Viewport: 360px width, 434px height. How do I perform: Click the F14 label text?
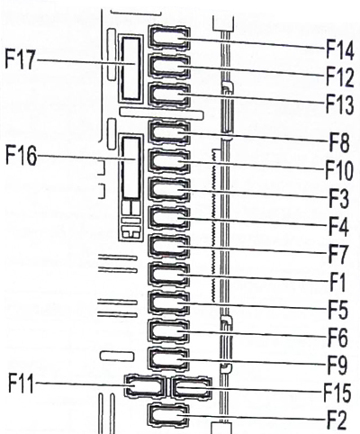click(340, 50)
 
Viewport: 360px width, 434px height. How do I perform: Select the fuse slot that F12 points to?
click(169, 67)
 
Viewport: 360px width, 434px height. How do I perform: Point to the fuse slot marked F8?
click(169, 132)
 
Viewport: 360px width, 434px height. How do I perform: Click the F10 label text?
click(339, 170)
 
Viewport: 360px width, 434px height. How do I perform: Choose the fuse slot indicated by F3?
click(169, 190)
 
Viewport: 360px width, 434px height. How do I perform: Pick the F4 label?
click(338, 227)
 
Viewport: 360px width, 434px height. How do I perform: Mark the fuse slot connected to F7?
click(169, 247)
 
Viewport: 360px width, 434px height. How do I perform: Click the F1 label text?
click(337, 282)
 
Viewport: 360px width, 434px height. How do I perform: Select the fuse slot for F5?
click(169, 303)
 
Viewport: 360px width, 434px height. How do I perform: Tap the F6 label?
click(338, 338)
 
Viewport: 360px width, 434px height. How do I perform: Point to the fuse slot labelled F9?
click(169, 359)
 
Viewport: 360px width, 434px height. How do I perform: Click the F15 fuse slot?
click(191, 387)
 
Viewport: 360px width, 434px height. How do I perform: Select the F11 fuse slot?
click(145, 385)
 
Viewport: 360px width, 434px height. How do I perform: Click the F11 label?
click(21, 383)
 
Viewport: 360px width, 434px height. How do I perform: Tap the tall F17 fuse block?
click(131, 69)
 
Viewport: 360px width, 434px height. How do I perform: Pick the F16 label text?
click(21, 156)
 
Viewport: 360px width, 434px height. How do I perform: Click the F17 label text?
click(20, 59)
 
